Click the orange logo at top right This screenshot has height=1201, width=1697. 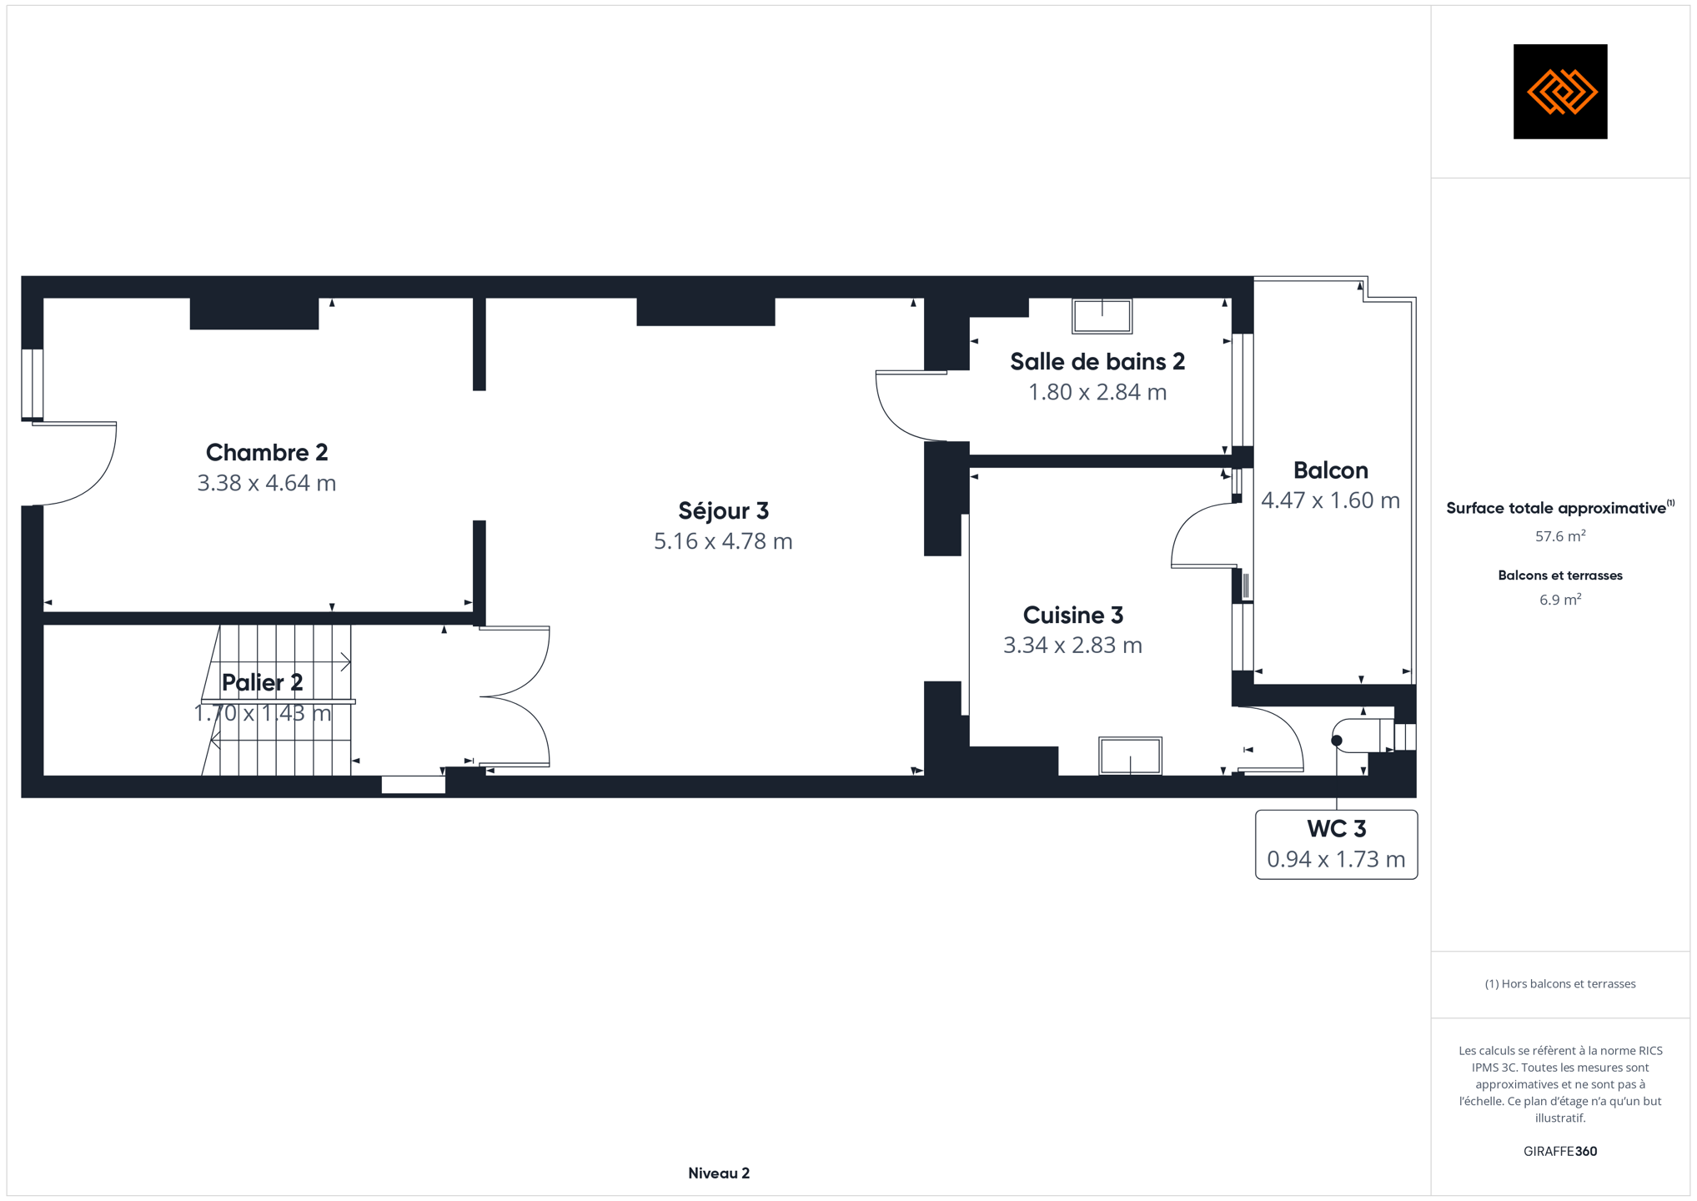click(1560, 92)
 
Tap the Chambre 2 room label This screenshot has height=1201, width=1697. click(267, 453)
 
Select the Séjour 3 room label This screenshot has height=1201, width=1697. click(723, 510)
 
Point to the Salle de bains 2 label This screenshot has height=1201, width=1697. click(1097, 362)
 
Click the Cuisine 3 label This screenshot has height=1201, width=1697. click(1073, 616)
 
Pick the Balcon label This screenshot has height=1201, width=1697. click(1331, 470)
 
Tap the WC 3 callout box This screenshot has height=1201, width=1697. click(1336, 844)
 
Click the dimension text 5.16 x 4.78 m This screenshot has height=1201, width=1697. click(723, 541)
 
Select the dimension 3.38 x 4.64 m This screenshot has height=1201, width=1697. click(267, 483)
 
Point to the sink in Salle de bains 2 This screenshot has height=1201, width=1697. click(1102, 316)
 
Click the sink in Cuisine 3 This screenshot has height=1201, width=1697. click(1130, 756)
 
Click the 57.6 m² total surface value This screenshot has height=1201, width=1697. click(1560, 536)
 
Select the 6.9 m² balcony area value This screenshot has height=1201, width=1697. click(1560, 600)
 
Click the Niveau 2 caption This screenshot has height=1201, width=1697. click(719, 1173)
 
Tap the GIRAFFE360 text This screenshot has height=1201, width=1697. click(1560, 1151)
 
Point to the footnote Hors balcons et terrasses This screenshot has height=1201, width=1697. click(1560, 984)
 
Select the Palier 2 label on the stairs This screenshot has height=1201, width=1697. click(262, 683)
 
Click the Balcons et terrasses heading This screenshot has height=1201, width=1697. click(1560, 575)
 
